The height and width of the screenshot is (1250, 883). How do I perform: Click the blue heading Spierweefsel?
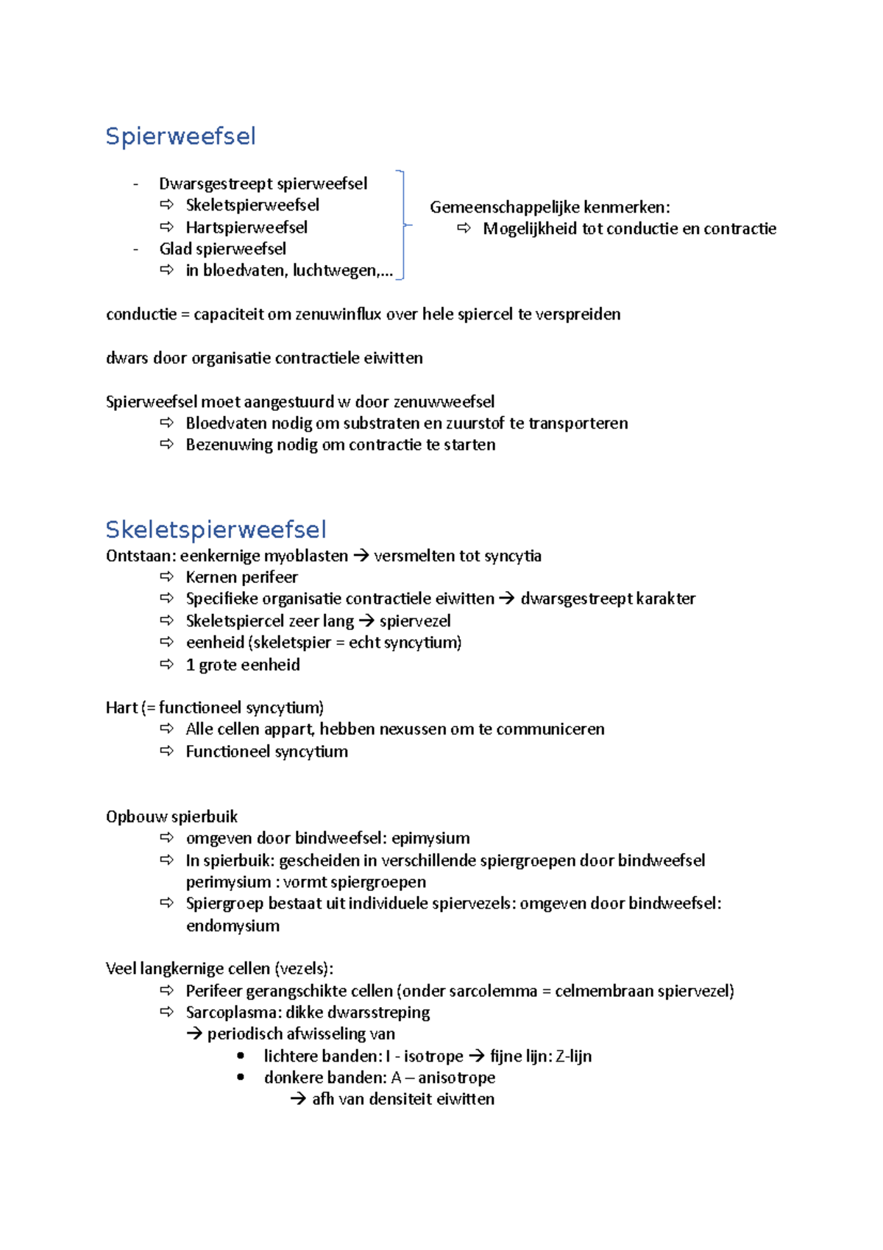tap(180, 136)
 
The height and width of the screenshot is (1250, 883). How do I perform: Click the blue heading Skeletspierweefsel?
tap(216, 529)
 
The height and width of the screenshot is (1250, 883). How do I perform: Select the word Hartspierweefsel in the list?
tap(246, 227)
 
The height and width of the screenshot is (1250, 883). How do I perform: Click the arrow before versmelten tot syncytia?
tap(361, 556)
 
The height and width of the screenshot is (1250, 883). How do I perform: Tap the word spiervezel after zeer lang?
tap(415, 621)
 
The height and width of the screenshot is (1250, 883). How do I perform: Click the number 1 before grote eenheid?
tap(190, 665)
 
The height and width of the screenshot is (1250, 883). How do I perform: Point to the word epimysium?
tap(430, 838)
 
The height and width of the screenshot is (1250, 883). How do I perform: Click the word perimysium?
tap(228, 882)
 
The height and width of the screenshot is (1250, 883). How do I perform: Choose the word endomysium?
tap(233, 925)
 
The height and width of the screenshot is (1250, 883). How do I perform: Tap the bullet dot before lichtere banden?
tap(241, 1056)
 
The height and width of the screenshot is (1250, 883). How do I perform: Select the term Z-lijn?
tap(573, 1056)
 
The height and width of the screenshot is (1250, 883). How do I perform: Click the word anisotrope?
tap(456, 1078)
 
